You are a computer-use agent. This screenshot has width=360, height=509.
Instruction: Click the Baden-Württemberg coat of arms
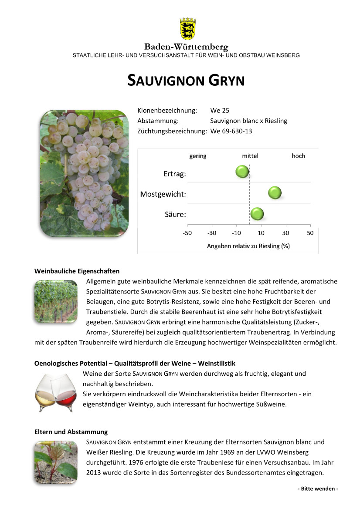coord(187,29)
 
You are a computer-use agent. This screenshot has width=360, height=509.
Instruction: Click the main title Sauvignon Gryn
coord(186,81)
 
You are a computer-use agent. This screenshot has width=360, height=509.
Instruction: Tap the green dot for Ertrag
coord(242,172)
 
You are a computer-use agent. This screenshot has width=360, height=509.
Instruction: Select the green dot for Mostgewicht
coord(275,192)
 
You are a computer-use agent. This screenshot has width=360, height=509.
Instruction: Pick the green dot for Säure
coord(257,214)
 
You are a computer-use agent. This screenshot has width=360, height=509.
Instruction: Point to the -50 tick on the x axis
coord(187,233)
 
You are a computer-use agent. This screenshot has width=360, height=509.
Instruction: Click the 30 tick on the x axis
coord(285,233)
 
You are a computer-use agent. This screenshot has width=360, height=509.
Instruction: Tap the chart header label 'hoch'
coord(298,156)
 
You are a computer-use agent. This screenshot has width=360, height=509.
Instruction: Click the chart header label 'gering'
coord(198,156)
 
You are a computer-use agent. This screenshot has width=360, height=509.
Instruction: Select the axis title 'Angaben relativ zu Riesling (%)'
coord(248,246)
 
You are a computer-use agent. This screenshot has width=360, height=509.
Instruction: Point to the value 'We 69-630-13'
coord(231,131)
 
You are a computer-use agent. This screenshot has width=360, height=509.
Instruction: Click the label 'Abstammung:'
coord(158,121)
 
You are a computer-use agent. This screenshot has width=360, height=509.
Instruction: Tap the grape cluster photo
coord(84,173)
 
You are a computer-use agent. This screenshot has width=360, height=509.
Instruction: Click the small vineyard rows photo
coord(56,302)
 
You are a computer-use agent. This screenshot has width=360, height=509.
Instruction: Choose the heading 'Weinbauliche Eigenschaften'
coord(77,271)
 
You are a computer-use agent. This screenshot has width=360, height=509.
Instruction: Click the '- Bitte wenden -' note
coord(318,489)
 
